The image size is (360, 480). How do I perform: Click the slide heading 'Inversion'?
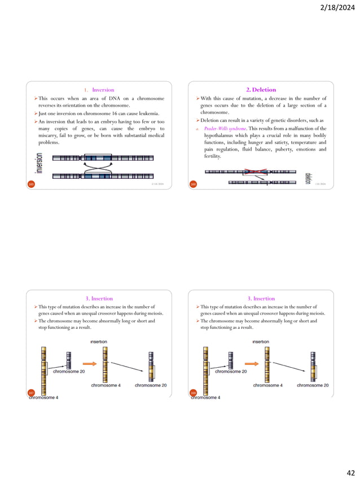pos(103,90)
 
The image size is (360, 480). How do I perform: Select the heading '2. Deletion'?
pos(261,90)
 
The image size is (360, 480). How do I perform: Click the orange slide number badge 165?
pos(32,184)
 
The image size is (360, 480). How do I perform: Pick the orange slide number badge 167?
pos(32,391)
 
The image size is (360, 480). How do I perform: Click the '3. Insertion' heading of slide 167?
pos(99,298)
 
